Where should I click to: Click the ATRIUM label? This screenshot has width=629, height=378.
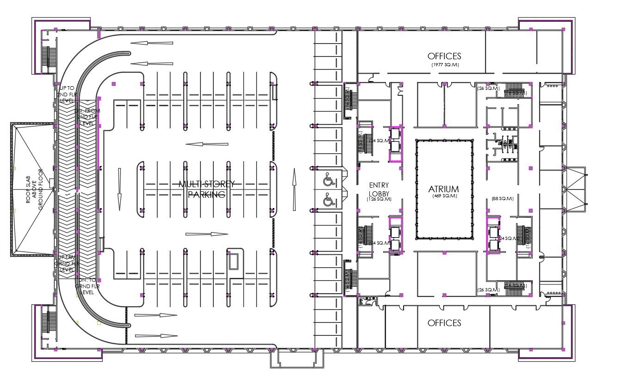(443, 189)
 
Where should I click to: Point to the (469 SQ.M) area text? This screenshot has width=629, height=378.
(443, 196)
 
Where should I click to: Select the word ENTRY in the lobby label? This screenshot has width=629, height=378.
(379, 185)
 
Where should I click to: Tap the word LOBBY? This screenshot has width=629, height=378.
(379, 193)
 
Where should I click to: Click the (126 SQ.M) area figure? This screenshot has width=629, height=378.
(379, 199)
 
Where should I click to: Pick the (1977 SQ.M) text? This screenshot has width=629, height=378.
(444, 65)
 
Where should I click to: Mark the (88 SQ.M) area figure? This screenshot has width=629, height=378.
(503, 199)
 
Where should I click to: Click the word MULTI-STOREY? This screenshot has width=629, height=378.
(206, 184)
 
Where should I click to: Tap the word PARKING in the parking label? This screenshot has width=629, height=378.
(206, 194)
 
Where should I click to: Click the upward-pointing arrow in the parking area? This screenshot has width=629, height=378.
(293, 189)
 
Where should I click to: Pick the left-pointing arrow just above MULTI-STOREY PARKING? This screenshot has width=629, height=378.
(206, 144)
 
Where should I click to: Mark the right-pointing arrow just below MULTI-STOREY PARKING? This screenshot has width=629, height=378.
(206, 234)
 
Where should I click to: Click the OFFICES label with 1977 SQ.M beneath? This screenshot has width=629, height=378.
(444, 56)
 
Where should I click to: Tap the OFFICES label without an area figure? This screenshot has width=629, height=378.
(444, 322)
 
